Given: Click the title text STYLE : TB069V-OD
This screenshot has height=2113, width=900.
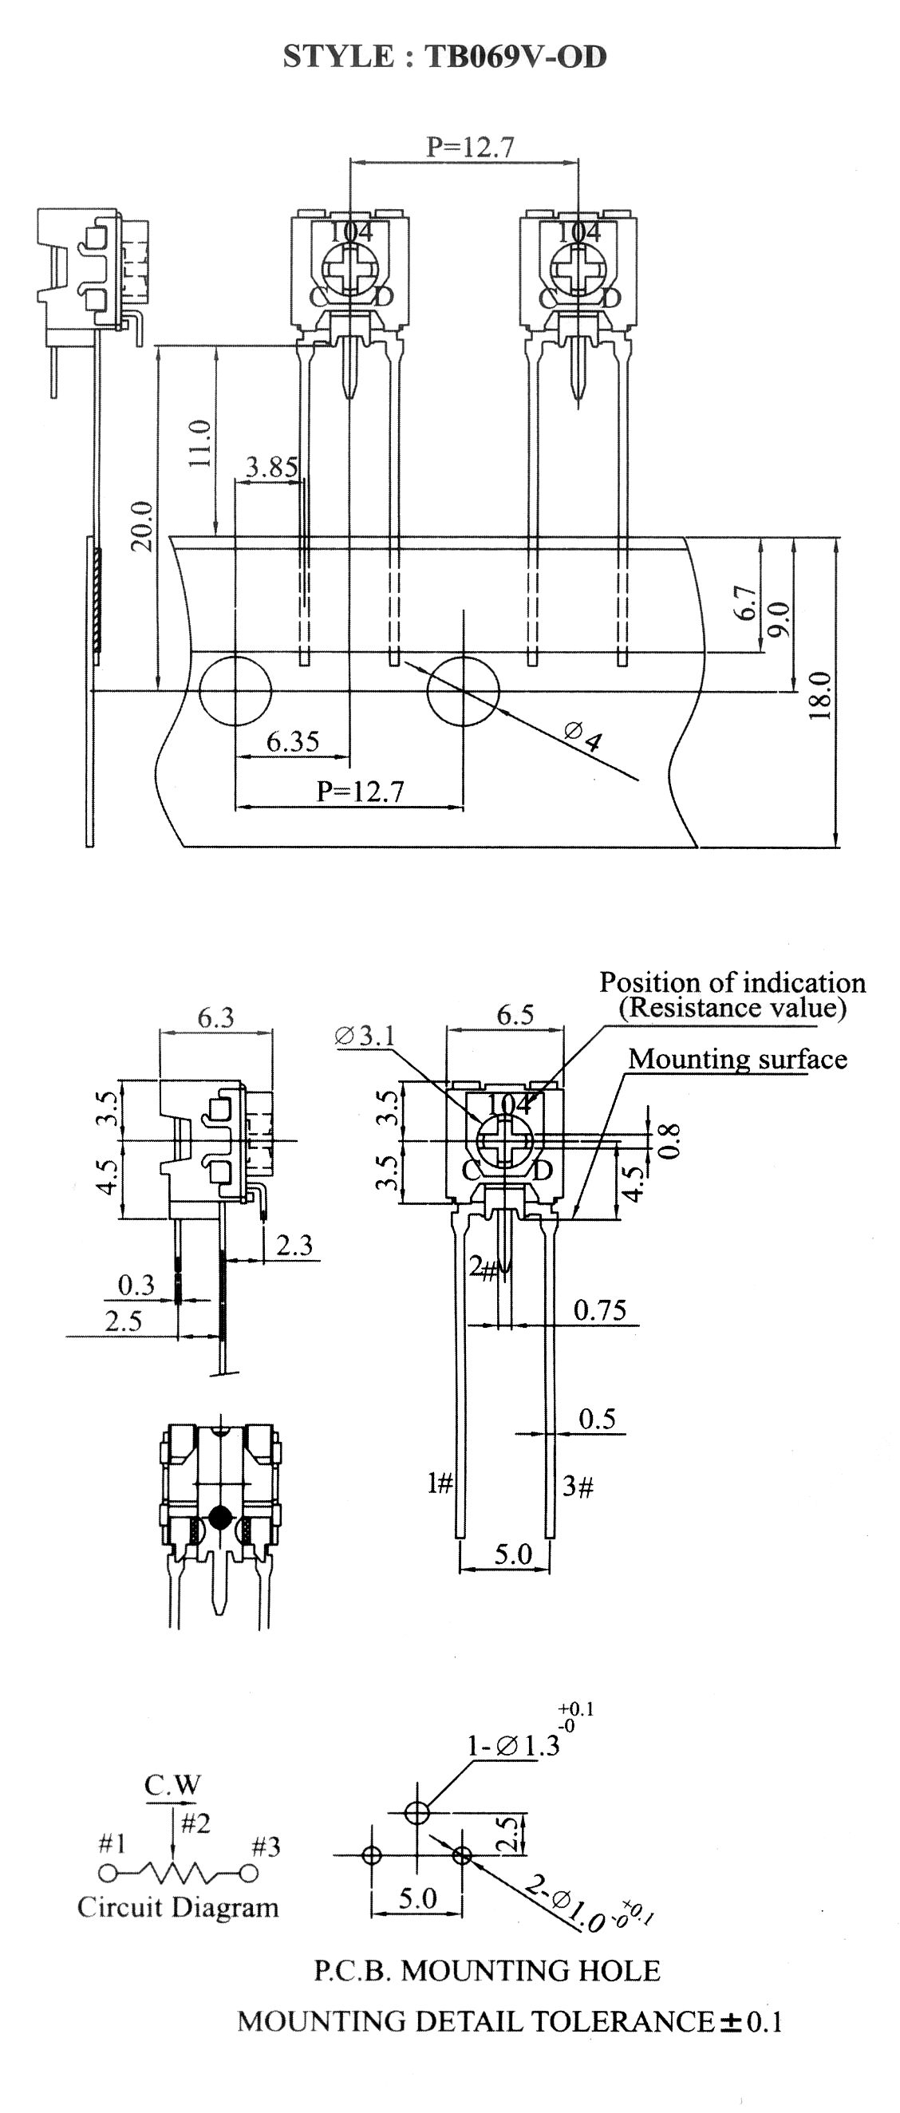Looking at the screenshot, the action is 444,57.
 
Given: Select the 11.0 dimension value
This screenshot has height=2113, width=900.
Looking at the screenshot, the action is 201,442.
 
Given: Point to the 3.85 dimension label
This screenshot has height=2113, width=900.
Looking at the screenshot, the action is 271,467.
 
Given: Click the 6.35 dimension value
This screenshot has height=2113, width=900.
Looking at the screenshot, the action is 293,741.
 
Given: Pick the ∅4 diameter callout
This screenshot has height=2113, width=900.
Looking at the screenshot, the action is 583,736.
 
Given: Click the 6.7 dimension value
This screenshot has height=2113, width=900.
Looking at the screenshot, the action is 746,603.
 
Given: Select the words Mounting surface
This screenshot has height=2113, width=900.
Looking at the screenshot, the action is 737,1059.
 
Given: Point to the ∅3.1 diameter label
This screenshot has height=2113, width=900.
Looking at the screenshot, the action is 365,1035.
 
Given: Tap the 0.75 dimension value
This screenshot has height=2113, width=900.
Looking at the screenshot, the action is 600,1310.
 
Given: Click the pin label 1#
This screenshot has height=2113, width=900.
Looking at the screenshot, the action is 440,1483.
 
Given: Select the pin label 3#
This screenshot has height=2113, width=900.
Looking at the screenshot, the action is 578,1486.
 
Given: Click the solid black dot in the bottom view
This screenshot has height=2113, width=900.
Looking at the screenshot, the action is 220,1518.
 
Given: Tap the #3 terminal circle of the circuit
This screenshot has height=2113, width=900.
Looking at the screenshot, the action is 250,1874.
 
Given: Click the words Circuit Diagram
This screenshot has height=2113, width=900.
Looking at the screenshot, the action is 178,1907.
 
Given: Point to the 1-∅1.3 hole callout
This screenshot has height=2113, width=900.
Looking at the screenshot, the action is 514,1748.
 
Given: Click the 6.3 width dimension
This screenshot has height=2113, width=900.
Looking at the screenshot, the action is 215,1017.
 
